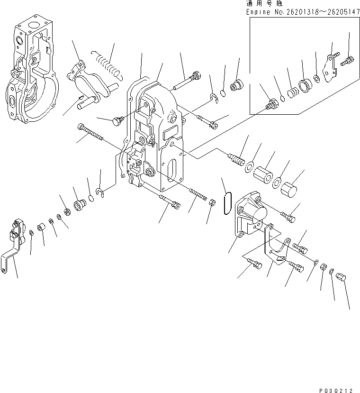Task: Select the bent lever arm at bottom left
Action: tap(13, 247)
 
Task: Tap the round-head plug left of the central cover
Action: tap(116, 121)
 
